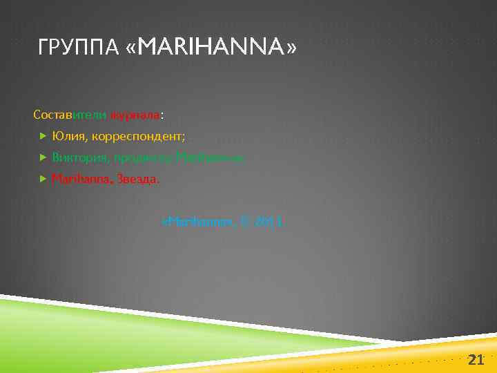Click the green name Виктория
81,157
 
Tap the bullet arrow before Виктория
43,157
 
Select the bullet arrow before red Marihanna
43,179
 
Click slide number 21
476,359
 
